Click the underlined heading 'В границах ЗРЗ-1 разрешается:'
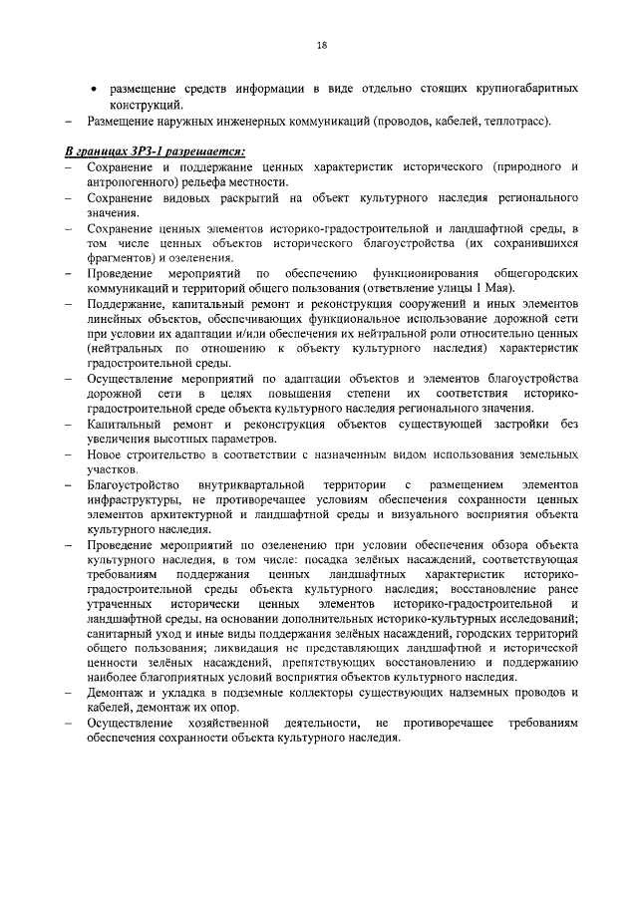coord(155,150)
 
